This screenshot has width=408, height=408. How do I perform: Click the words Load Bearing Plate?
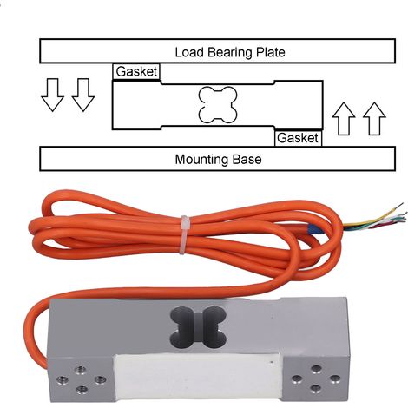[x=230, y=52]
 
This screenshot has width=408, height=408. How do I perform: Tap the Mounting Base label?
[x=218, y=160]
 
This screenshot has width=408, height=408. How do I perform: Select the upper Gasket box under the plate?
[x=136, y=71]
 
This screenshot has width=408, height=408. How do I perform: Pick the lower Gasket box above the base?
[x=298, y=138]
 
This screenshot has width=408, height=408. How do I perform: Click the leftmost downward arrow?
[x=52, y=95]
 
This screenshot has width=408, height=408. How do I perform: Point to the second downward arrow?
[x=83, y=95]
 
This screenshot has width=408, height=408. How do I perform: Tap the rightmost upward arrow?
[x=374, y=119]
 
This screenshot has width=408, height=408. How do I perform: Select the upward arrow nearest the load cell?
[x=344, y=119]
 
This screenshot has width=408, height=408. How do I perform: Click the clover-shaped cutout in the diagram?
[x=218, y=104]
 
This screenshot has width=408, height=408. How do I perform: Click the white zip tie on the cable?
[x=184, y=234]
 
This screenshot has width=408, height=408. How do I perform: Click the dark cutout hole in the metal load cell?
[x=198, y=326]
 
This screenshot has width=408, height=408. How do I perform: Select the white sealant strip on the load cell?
[x=198, y=378]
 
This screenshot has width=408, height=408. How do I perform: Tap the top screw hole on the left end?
[x=80, y=370]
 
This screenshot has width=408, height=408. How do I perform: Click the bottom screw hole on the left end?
[x=82, y=391]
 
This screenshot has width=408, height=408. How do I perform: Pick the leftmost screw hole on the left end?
[x=63, y=380]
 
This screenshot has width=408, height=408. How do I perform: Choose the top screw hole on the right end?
[x=316, y=369]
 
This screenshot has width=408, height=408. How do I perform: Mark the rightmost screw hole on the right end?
[x=335, y=378]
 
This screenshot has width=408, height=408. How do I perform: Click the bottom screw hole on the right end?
[x=314, y=388]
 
